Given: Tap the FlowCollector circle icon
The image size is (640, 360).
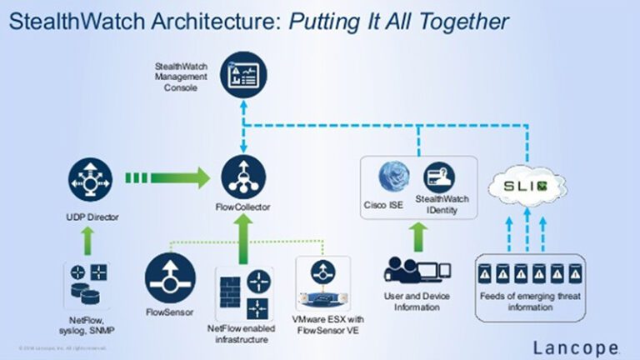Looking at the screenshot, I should point(243,176).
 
